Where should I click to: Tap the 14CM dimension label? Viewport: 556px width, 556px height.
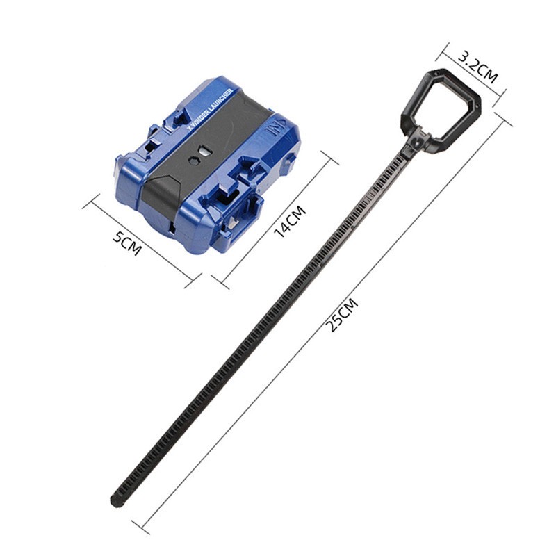pos(290,222)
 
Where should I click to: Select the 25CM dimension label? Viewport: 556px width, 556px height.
pos(342,316)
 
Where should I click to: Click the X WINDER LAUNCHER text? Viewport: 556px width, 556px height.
pos(209,110)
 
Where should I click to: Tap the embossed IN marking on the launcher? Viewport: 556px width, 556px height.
pos(273,131)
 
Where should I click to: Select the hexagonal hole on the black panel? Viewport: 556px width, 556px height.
pos(194,160)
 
